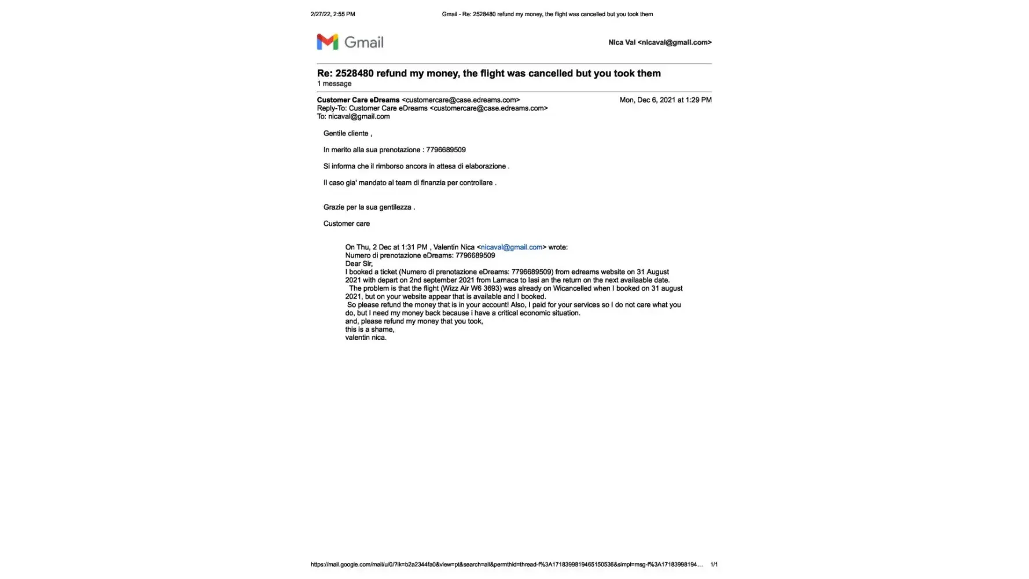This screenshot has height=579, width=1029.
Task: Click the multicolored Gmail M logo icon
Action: pyautogui.click(x=327, y=42)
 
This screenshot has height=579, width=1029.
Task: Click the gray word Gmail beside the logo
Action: pyautogui.click(x=364, y=42)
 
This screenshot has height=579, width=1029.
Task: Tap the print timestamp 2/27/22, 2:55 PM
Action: pyautogui.click(x=333, y=14)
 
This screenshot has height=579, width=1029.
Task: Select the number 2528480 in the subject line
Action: pyautogui.click(x=354, y=74)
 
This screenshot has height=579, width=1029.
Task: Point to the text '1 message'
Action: pyautogui.click(x=334, y=84)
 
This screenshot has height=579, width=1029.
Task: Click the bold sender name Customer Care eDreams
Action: pyautogui.click(x=358, y=100)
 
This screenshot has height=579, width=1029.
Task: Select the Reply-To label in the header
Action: pyautogui.click(x=331, y=108)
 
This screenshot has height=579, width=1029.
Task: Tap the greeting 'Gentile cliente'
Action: pyautogui.click(x=346, y=134)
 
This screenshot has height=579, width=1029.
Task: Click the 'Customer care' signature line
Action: pyautogui.click(x=346, y=223)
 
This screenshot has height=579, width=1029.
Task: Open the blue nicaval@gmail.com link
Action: pyautogui.click(x=511, y=247)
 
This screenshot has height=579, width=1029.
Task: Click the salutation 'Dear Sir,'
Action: pyautogui.click(x=359, y=264)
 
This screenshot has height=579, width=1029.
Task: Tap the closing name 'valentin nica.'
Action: pyautogui.click(x=365, y=338)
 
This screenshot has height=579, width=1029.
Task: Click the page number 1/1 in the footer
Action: pyautogui.click(x=714, y=565)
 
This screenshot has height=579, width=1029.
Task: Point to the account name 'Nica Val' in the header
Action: pyautogui.click(x=622, y=43)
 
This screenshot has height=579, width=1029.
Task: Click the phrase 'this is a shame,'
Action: pyautogui.click(x=369, y=329)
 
